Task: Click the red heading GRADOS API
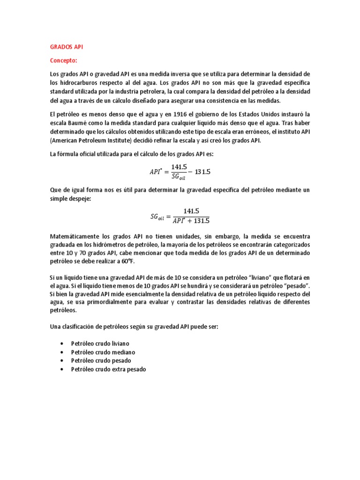coord(66,47)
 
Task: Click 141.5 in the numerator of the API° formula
coord(179,167)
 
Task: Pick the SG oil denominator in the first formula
coord(179,176)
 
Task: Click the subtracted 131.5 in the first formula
coord(202,172)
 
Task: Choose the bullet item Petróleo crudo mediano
coord(103,352)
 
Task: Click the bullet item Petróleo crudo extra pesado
coord(108,369)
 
